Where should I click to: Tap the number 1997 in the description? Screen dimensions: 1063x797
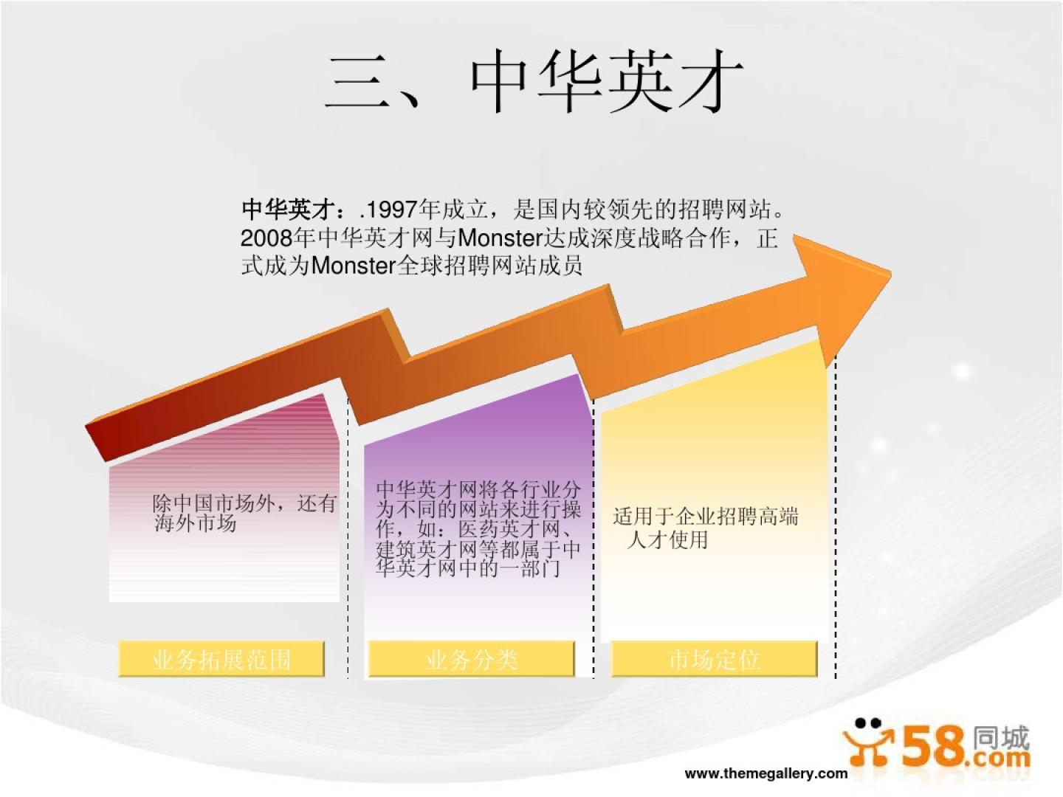point(391,210)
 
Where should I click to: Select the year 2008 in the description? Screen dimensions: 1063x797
point(266,238)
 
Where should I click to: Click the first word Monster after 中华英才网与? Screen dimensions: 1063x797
point(499,238)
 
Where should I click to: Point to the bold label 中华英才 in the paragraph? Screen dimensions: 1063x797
point(289,210)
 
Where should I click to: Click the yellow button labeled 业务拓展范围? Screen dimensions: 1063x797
point(221,658)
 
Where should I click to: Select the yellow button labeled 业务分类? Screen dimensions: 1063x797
point(471,658)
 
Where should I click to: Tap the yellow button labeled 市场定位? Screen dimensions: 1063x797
point(715,658)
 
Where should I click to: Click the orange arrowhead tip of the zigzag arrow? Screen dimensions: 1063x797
point(890,275)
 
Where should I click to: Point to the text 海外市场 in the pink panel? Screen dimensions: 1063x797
point(196,523)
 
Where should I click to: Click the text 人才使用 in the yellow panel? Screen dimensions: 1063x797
point(667,539)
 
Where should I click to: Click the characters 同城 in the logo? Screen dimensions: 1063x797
point(1000,737)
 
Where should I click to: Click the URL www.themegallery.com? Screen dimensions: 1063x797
point(766,773)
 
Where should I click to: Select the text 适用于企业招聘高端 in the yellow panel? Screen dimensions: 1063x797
point(706,517)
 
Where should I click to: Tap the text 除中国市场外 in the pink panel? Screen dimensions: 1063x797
point(213,503)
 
